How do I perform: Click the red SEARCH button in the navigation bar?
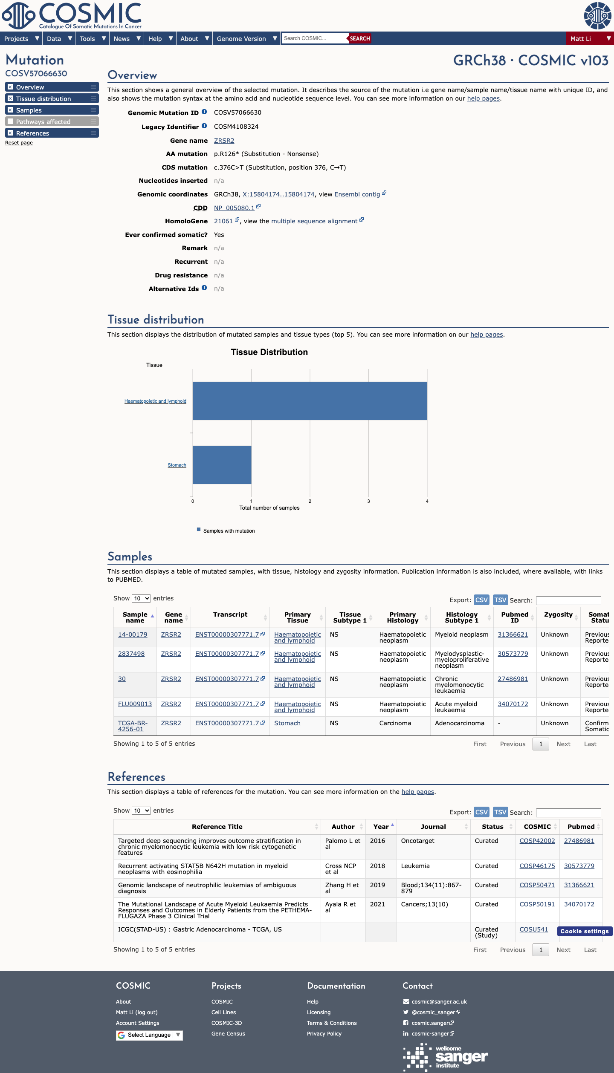tap(360, 38)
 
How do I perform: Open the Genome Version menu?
tap(246, 38)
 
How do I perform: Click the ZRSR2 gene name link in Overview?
tap(224, 141)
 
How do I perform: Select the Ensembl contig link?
tap(357, 194)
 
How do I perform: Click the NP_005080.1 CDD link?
tap(234, 208)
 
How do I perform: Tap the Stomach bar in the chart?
tap(222, 465)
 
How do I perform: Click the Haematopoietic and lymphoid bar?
tap(310, 401)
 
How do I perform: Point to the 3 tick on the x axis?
tap(368, 501)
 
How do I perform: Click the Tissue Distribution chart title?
tap(269, 352)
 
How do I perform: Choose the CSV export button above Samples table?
tap(481, 600)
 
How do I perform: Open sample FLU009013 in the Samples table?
tap(135, 704)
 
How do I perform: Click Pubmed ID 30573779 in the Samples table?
tap(513, 654)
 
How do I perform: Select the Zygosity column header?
tap(558, 614)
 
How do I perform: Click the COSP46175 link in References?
tap(537, 866)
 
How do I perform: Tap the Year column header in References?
tap(381, 827)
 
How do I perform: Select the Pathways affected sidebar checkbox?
tap(10, 121)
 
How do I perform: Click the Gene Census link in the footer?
tap(228, 1034)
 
